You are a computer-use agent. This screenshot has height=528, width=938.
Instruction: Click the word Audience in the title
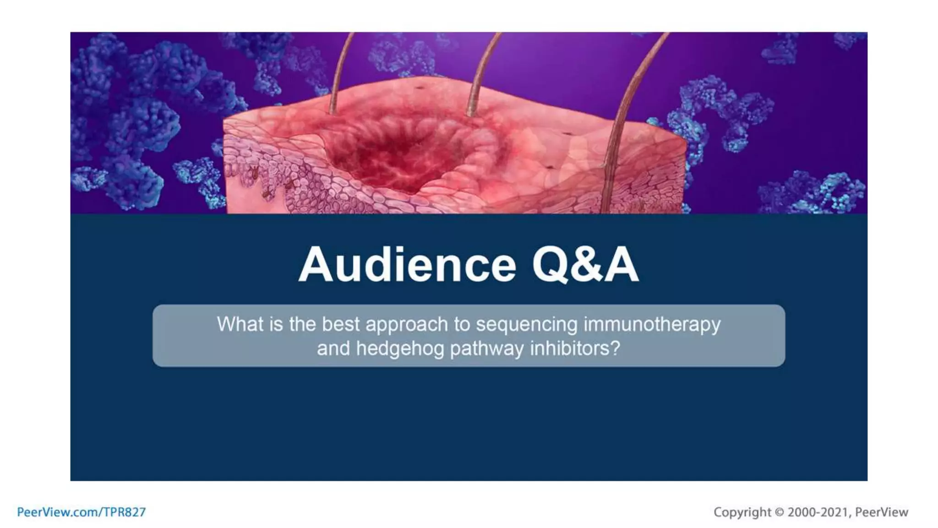tap(407, 265)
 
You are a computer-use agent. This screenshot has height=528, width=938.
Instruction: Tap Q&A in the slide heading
tap(585, 265)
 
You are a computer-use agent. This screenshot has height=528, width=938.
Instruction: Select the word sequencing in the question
tap(526, 324)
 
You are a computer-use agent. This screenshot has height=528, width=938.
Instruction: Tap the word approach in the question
tap(406, 324)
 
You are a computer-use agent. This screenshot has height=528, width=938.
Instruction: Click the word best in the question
tap(341, 324)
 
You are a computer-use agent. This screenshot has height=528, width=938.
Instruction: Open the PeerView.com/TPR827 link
tap(81, 512)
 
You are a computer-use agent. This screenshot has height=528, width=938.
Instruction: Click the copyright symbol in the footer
tap(779, 512)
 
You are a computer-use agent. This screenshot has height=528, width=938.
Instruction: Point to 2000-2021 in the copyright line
tap(818, 512)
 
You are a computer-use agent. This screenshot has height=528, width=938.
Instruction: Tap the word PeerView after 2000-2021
tap(881, 512)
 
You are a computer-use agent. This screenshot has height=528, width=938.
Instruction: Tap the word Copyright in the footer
tap(742, 512)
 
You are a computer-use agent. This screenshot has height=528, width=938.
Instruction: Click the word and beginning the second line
tap(333, 349)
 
